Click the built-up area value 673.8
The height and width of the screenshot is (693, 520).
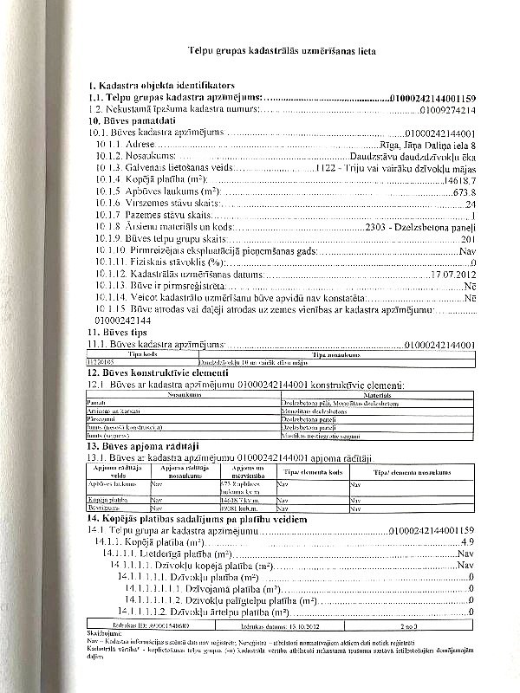464,191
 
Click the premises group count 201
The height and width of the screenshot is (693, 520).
468,237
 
